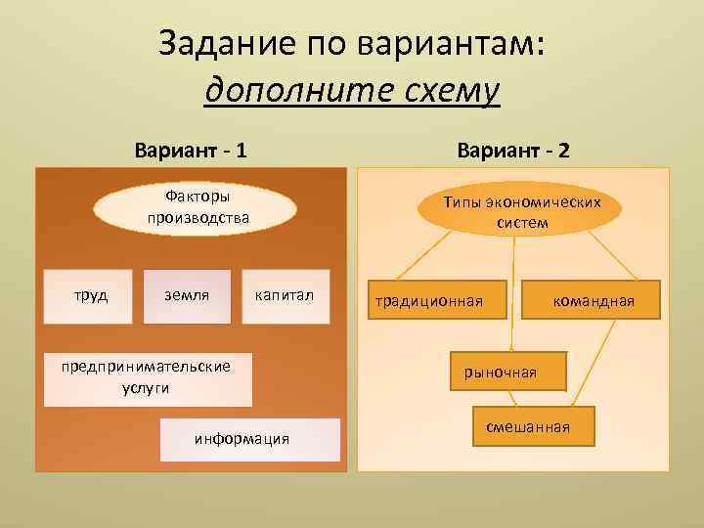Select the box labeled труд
[x=92, y=295]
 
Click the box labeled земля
[x=187, y=295]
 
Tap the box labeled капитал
[x=285, y=295]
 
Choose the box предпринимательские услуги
[x=147, y=377]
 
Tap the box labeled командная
[x=593, y=300]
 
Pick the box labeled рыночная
[x=501, y=372]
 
